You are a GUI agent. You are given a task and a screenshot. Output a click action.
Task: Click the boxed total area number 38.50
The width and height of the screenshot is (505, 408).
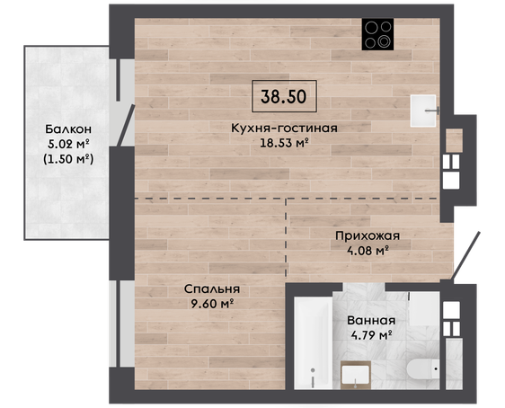tap(284, 96)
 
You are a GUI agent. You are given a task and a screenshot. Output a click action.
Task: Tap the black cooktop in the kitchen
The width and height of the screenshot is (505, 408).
tap(377, 34)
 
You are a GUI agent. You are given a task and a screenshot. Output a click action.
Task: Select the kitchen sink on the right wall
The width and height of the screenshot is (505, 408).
tap(423, 111)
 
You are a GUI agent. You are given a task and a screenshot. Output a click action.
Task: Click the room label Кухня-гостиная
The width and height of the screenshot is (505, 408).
tap(284, 129)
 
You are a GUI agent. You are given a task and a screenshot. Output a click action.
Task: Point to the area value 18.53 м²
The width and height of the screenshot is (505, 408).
tap(284, 143)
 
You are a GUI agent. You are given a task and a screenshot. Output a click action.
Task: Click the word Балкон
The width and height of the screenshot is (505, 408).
tap(68, 129)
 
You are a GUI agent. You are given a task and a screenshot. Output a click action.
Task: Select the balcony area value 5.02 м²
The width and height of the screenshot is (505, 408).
tap(68, 144)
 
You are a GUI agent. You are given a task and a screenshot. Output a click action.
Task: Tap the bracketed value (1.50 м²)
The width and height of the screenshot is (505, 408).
tap(68, 159)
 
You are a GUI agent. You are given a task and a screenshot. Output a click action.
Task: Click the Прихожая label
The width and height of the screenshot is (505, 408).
tap(368, 236)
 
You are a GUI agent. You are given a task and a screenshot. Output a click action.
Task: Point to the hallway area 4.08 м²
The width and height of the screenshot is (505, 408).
tap(368, 251)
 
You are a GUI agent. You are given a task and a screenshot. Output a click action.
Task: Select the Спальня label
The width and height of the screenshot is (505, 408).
tap(212, 289)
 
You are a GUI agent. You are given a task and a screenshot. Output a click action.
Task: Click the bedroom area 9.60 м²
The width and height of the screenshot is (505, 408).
tap(212, 304)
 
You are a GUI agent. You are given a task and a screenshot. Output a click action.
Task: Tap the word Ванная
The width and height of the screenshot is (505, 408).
tap(371, 321)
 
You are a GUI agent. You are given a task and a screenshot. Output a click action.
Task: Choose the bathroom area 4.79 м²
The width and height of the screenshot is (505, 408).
tap(371, 335)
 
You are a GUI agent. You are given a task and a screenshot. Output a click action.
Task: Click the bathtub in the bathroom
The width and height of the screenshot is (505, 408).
tap(313, 342)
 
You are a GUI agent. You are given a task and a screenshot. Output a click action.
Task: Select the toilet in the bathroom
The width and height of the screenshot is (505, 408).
tap(423, 368)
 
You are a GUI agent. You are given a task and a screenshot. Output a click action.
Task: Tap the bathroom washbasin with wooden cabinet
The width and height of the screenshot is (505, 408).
tap(356, 375)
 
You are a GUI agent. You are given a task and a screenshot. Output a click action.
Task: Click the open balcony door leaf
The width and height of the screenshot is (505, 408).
tap(126, 125)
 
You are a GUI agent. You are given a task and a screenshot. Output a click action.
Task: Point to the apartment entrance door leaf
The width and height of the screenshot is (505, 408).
tap(465, 256)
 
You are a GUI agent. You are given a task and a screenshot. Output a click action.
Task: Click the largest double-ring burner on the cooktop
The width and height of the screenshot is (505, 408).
tap(385, 41)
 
